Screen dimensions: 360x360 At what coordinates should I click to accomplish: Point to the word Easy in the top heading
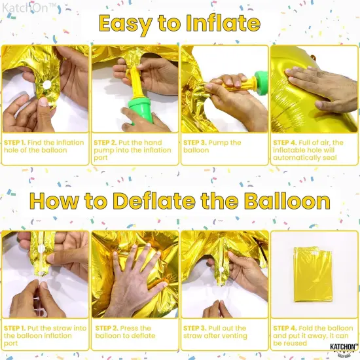pos(124,24)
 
